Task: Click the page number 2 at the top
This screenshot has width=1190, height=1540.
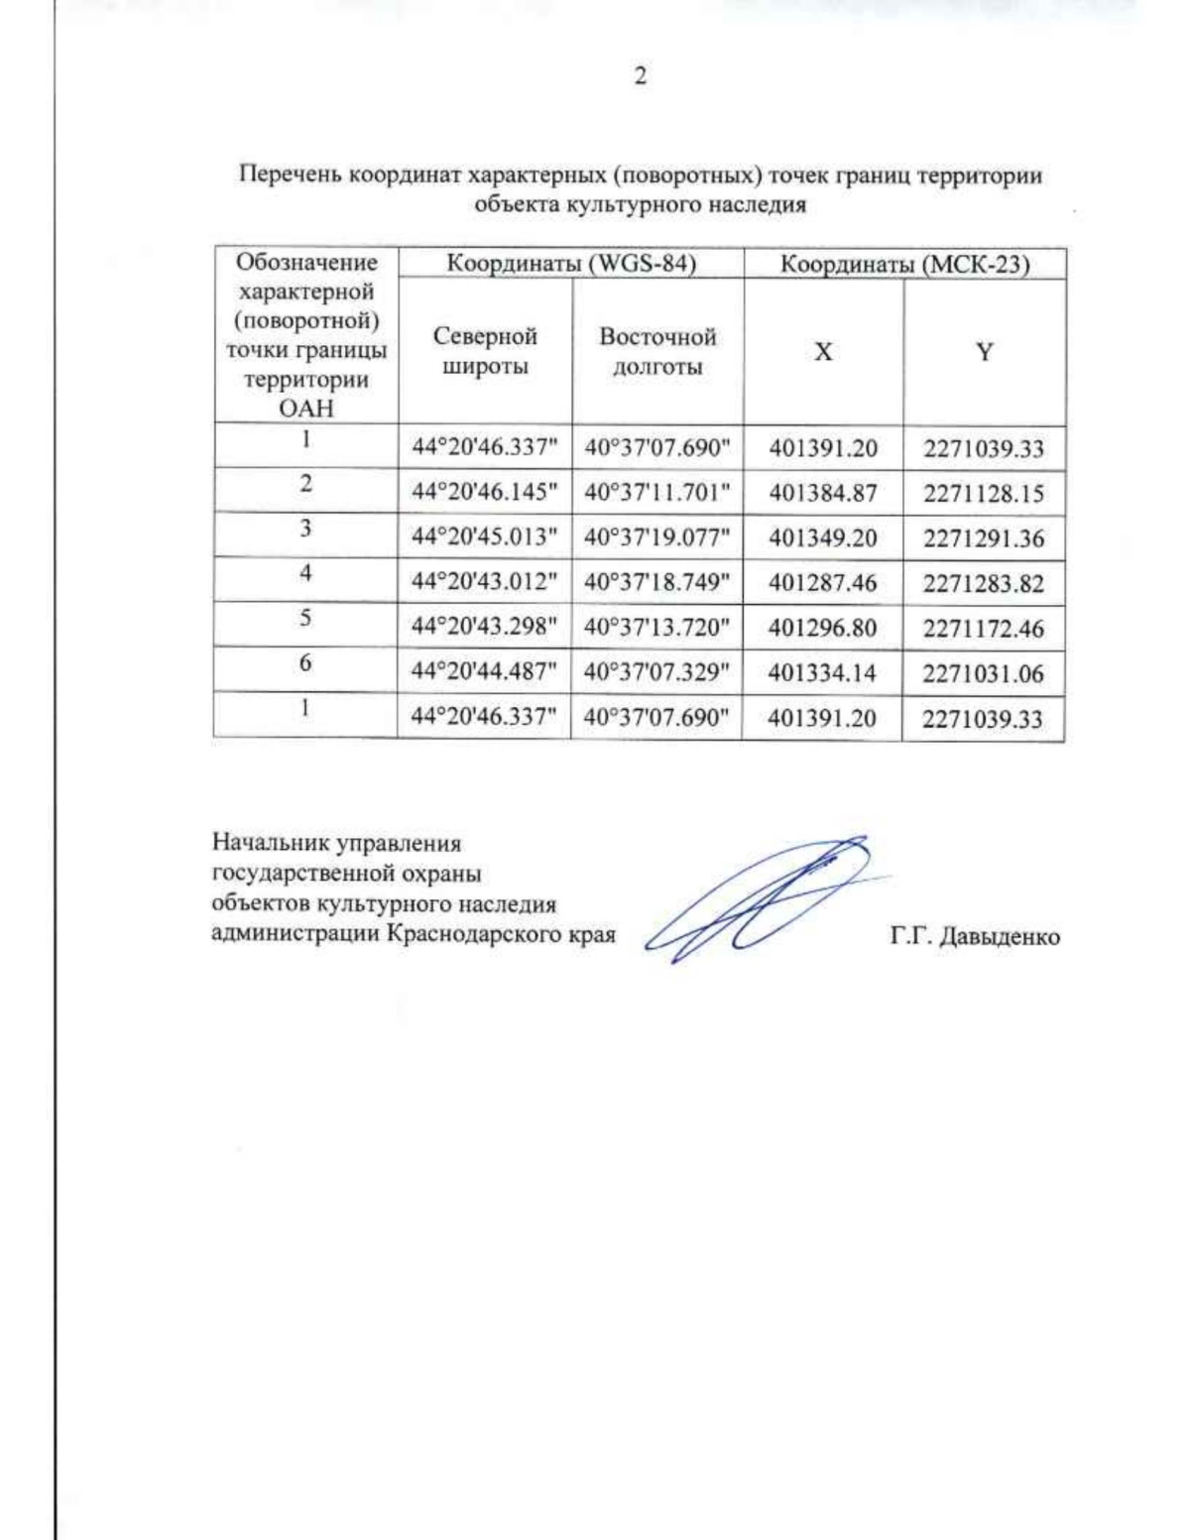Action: [x=640, y=76]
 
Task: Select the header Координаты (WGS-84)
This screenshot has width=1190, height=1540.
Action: [x=570, y=264]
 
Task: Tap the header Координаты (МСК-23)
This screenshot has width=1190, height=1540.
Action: [x=904, y=265]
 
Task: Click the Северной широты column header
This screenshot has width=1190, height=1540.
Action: [x=485, y=351]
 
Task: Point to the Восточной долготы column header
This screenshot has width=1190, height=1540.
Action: [x=656, y=351]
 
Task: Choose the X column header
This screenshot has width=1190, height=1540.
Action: [x=823, y=352]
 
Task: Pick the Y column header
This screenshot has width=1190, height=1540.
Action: [x=984, y=352]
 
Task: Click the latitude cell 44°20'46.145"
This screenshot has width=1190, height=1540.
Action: [x=485, y=493]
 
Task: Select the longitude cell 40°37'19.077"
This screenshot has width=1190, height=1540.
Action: [x=656, y=537]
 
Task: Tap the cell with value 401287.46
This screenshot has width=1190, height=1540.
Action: [x=823, y=582]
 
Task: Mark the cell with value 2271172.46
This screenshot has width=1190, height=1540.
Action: [x=984, y=628]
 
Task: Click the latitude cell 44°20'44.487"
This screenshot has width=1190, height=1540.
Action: [x=485, y=672]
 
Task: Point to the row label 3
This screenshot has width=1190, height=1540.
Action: [x=305, y=529]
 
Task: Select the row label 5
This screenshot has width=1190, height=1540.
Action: [x=305, y=618]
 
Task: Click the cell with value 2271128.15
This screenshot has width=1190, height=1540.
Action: [x=984, y=493]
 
